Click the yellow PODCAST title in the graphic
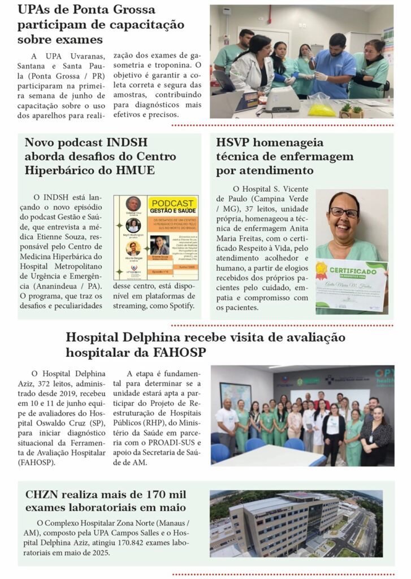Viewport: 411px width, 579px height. (172, 203)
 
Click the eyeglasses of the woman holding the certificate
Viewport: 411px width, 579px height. (344, 213)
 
